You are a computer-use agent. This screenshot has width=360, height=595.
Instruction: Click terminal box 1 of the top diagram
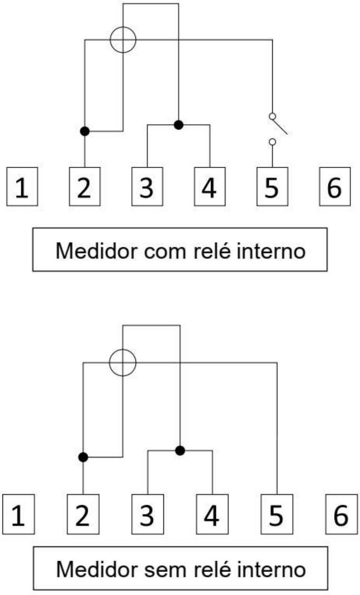click(x=22, y=186)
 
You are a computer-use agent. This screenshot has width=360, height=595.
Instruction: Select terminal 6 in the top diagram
click(x=335, y=186)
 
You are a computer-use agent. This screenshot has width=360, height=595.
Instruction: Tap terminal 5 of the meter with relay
click(x=272, y=186)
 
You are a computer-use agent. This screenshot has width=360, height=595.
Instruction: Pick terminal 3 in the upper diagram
click(x=147, y=186)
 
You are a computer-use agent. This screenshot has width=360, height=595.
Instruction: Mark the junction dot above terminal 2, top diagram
click(x=85, y=131)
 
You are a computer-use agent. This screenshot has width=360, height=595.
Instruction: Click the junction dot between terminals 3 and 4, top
click(x=179, y=125)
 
